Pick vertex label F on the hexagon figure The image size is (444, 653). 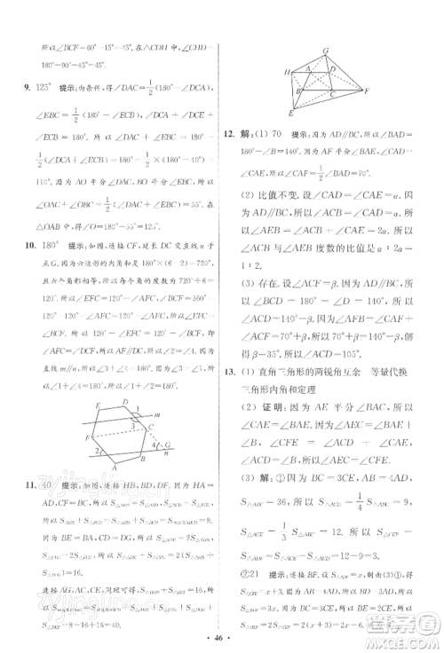[x=84, y=437]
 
